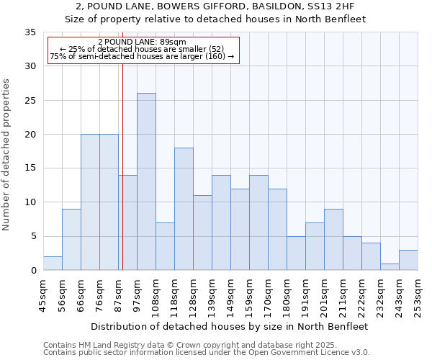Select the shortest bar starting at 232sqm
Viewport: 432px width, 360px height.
pos(390,266)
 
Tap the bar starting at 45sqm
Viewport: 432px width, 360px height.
pos(53,264)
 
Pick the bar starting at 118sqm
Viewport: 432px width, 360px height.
pos(184,209)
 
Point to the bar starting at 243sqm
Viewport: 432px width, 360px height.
pos(408,260)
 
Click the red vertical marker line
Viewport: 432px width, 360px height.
pos(123,180)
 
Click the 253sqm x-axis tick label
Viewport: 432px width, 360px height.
pos(418,296)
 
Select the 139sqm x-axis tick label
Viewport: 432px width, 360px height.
pos(212,296)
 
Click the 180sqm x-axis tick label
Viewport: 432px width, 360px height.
pos(287,296)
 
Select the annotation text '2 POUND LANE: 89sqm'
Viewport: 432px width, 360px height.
pos(142,42)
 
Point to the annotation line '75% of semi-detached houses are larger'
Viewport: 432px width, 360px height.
pos(142,56)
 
